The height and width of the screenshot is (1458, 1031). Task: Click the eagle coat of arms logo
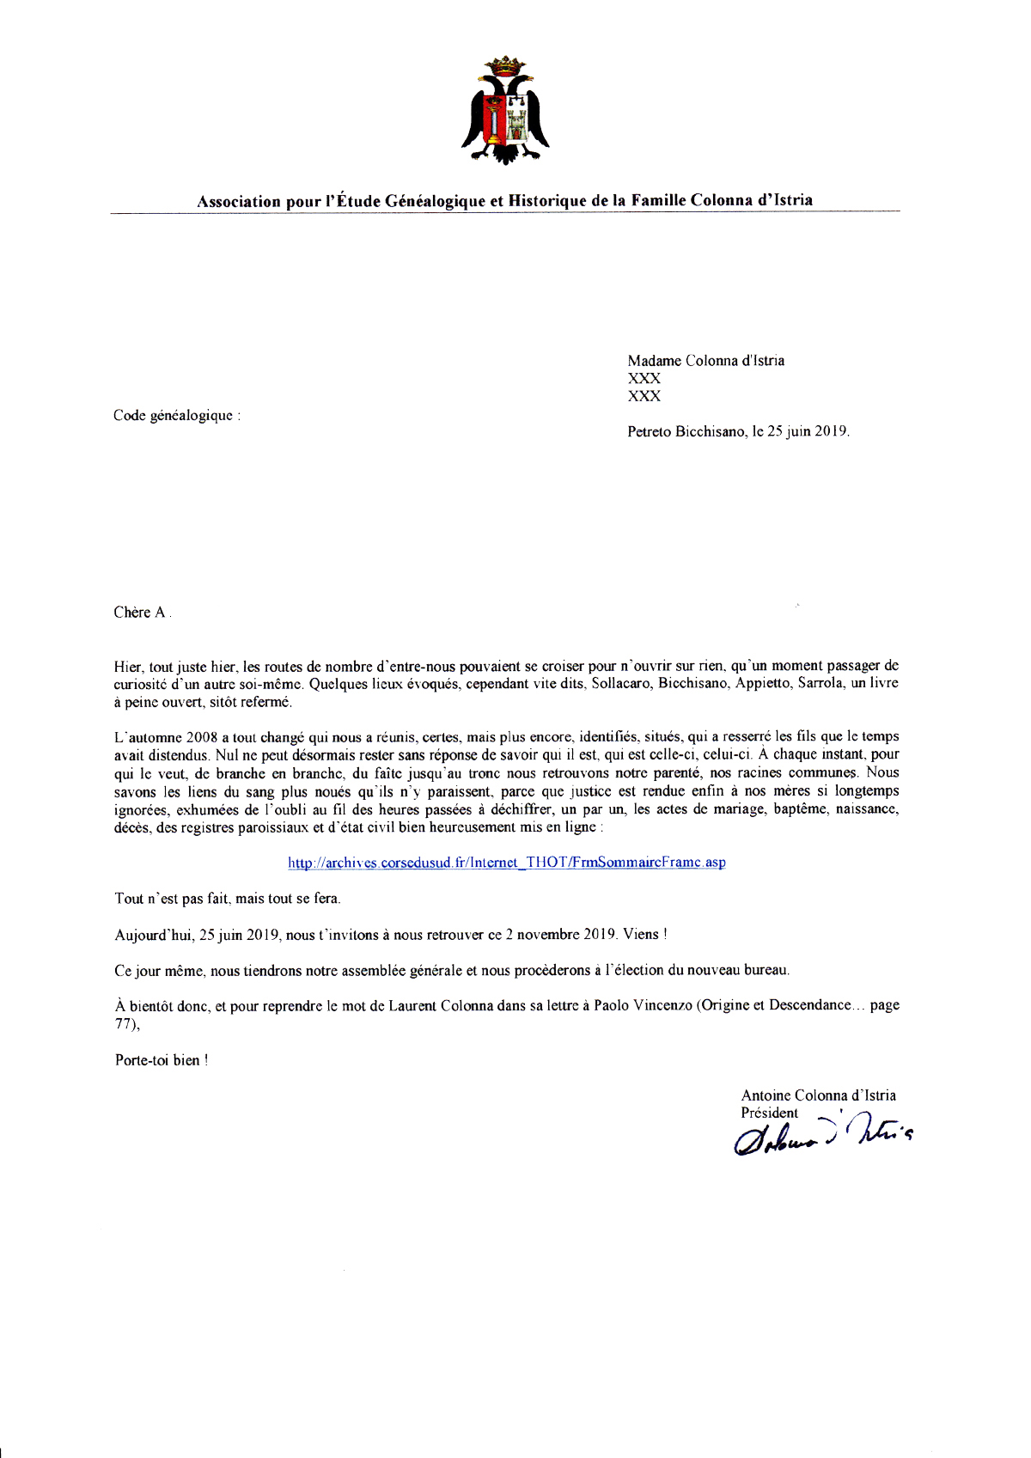tap(505, 112)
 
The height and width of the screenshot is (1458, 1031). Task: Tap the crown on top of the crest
tap(505, 64)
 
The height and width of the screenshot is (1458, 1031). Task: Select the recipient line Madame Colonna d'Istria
tap(705, 361)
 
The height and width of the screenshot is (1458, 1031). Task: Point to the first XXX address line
tap(644, 378)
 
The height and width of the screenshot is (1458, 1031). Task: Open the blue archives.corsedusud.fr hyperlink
tap(506, 863)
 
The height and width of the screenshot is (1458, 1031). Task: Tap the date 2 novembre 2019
tap(560, 935)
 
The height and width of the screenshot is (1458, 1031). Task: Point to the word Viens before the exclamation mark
tap(640, 935)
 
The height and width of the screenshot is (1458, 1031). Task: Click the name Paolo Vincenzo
tap(643, 1005)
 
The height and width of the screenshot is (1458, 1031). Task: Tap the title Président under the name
tap(769, 1113)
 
